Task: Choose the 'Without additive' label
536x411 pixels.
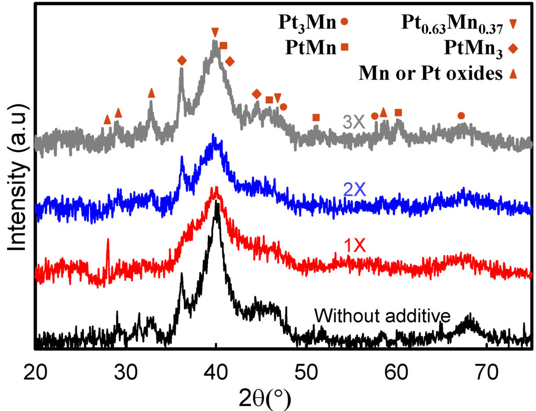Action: (383, 316)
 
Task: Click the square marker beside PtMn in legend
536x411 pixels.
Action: (345, 48)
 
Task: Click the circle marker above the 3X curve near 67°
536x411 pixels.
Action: (461, 116)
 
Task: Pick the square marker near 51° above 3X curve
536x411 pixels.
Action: (316, 117)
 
